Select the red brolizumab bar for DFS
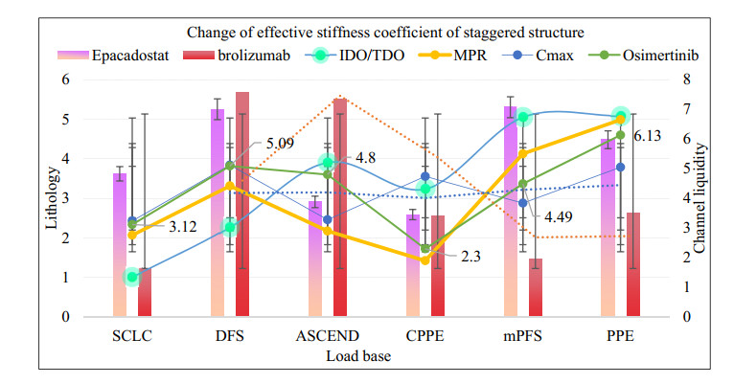pos(241,204)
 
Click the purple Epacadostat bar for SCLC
pos(120,244)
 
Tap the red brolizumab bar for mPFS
pos(535,287)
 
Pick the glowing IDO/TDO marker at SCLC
pos(132,278)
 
